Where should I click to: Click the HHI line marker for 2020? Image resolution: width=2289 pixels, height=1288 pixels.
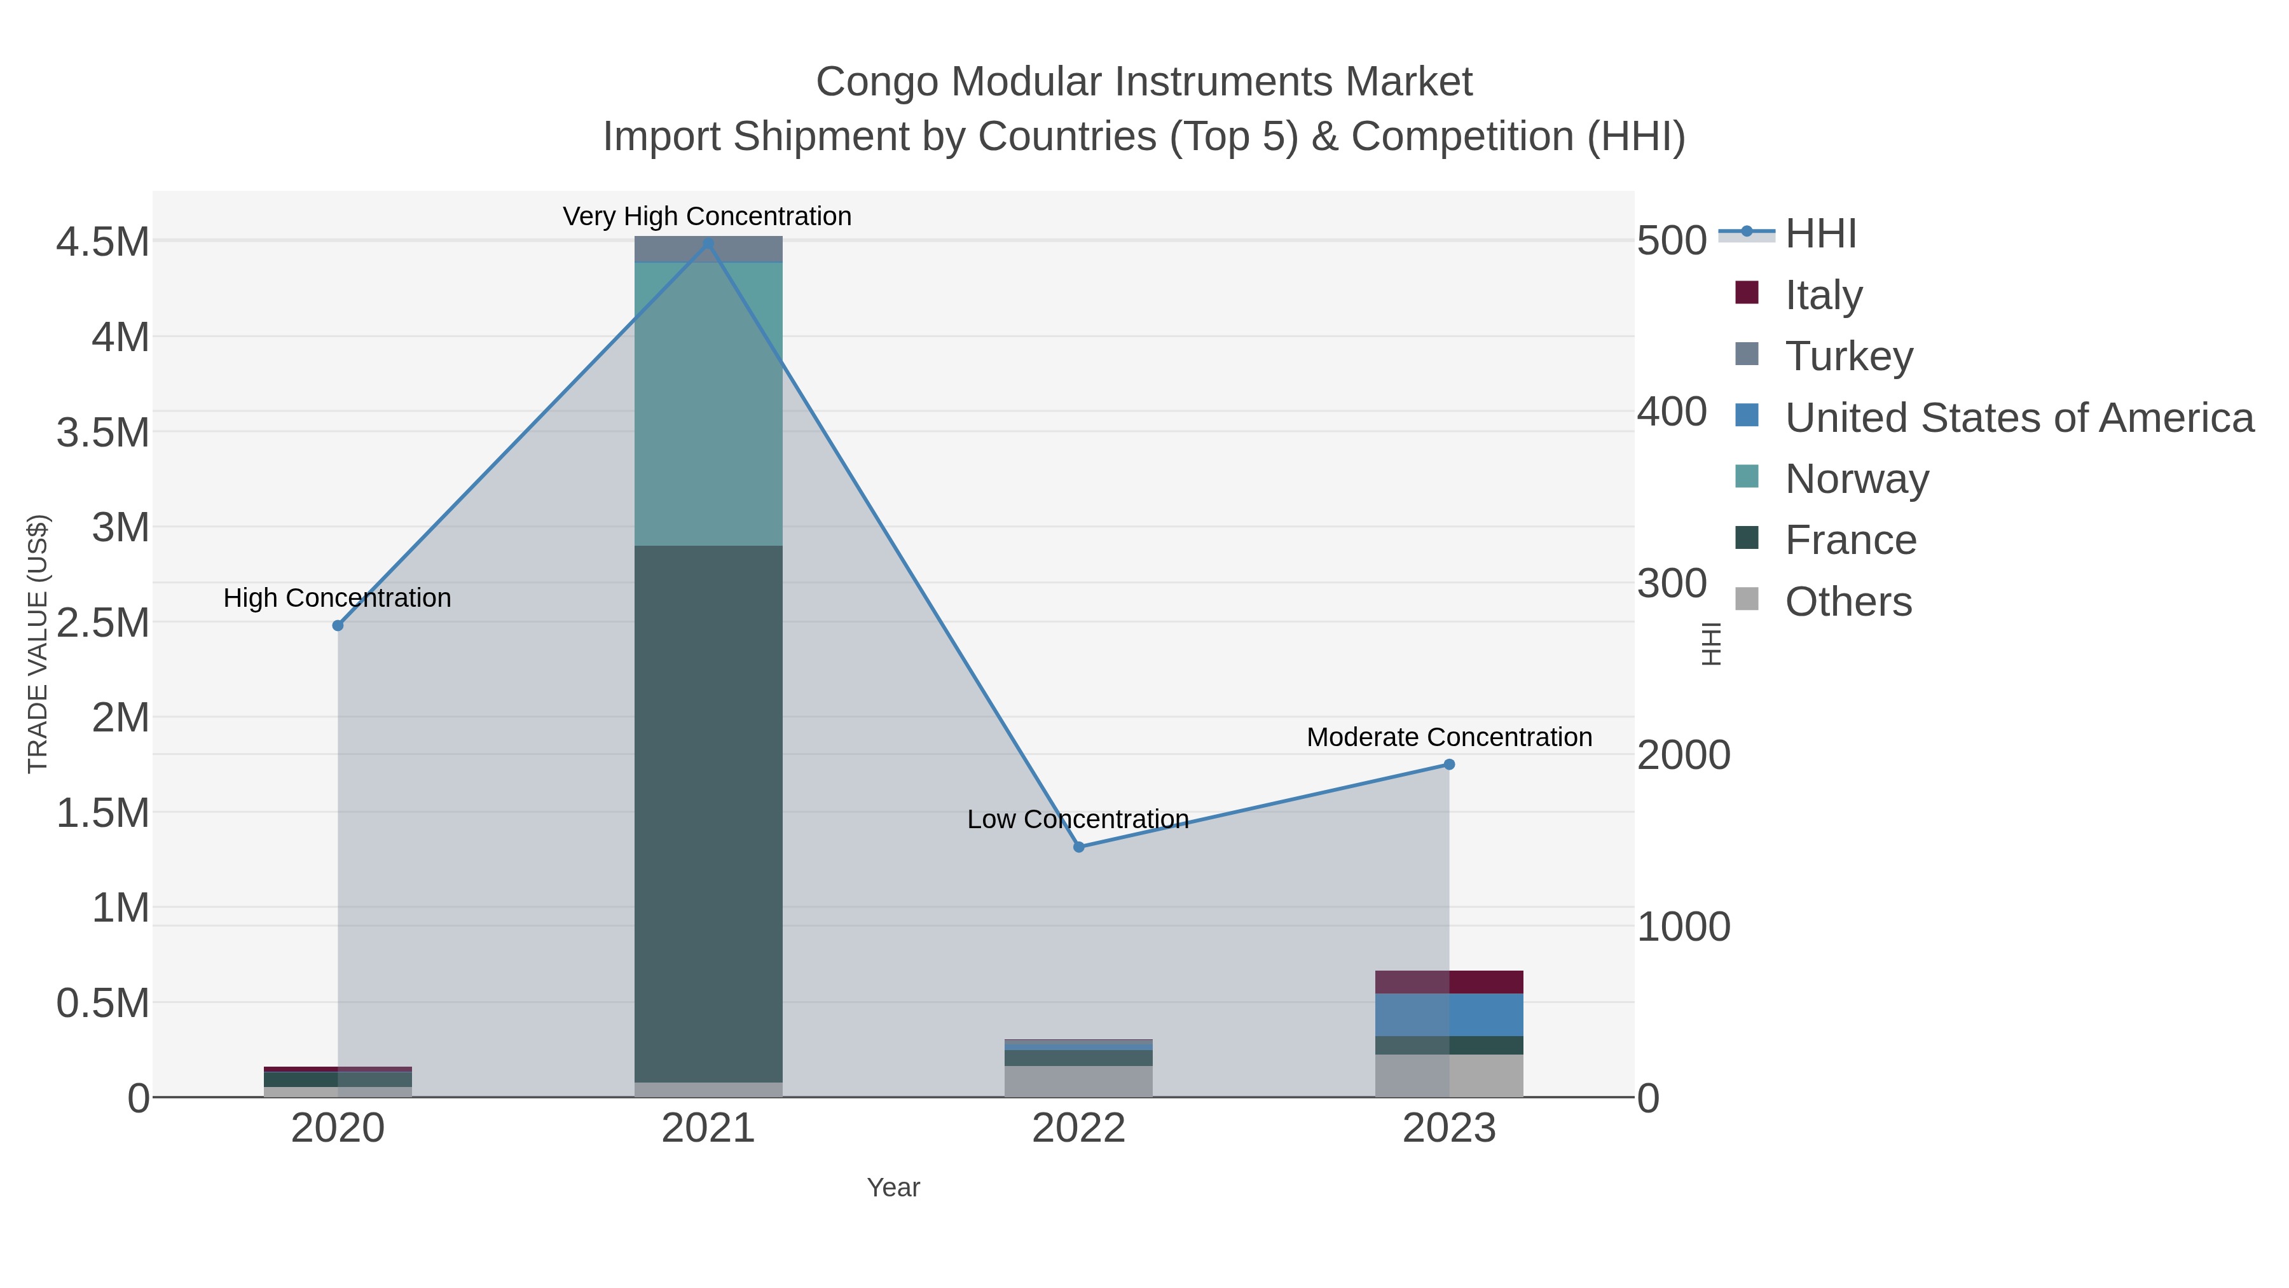point(338,626)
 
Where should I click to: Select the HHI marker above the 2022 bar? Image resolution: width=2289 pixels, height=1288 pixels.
point(1079,847)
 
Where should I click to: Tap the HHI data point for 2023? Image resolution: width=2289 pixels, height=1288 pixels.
point(1449,765)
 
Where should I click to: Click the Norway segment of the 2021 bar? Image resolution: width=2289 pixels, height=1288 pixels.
point(708,405)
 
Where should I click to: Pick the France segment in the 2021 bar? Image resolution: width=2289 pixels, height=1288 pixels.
point(708,814)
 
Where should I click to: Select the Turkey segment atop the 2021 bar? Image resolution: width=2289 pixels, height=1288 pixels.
point(708,250)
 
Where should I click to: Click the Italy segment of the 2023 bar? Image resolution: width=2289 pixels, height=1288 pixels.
point(1449,982)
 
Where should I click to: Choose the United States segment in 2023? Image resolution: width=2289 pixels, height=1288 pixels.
point(1449,1015)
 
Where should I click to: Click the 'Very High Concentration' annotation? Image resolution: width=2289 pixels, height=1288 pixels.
point(707,217)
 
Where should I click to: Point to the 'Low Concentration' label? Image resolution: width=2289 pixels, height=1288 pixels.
point(1078,820)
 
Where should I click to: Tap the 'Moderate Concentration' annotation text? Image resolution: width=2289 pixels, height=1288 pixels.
point(1449,738)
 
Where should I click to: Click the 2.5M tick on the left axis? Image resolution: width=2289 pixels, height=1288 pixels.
point(103,622)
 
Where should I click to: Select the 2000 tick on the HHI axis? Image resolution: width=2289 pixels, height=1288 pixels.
point(1684,756)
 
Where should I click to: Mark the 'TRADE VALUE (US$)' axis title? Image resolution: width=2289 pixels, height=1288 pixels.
point(38,644)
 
